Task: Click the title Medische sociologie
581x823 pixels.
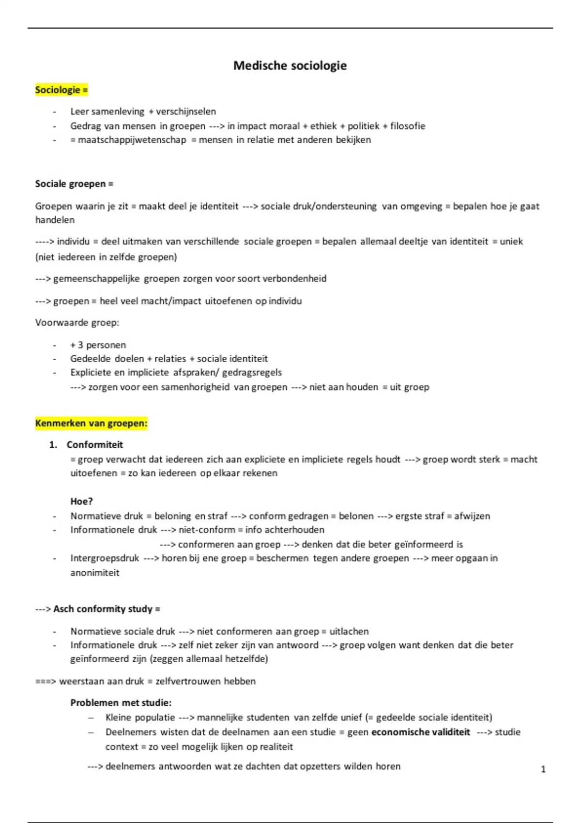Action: [290, 65]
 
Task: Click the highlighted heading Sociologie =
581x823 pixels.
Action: [61, 90]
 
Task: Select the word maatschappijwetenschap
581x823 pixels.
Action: [132, 140]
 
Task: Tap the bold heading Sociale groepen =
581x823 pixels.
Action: [74, 184]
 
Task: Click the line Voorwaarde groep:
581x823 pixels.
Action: [77, 322]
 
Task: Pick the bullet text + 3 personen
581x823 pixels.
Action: [98, 345]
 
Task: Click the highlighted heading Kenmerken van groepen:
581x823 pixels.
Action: [91, 424]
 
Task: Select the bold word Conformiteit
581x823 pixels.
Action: [95, 445]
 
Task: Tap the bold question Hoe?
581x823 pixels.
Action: [81, 502]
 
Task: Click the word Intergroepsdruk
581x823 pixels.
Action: [105, 558]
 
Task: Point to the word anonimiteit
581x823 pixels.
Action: [95, 573]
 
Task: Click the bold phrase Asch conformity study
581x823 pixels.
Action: [103, 609]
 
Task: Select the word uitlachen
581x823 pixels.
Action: [349, 631]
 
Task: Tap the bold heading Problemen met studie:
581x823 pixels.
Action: [121, 702]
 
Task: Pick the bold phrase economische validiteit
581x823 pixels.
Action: [420, 732]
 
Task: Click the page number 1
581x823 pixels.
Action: [543, 769]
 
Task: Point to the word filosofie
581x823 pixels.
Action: [408, 126]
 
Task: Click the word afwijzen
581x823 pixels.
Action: [472, 516]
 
